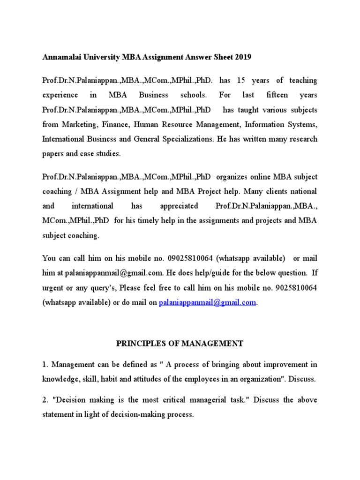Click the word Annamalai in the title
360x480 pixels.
(x=60, y=57)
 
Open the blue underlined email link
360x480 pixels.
(x=208, y=303)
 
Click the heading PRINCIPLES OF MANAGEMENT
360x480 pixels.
(x=180, y=344)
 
